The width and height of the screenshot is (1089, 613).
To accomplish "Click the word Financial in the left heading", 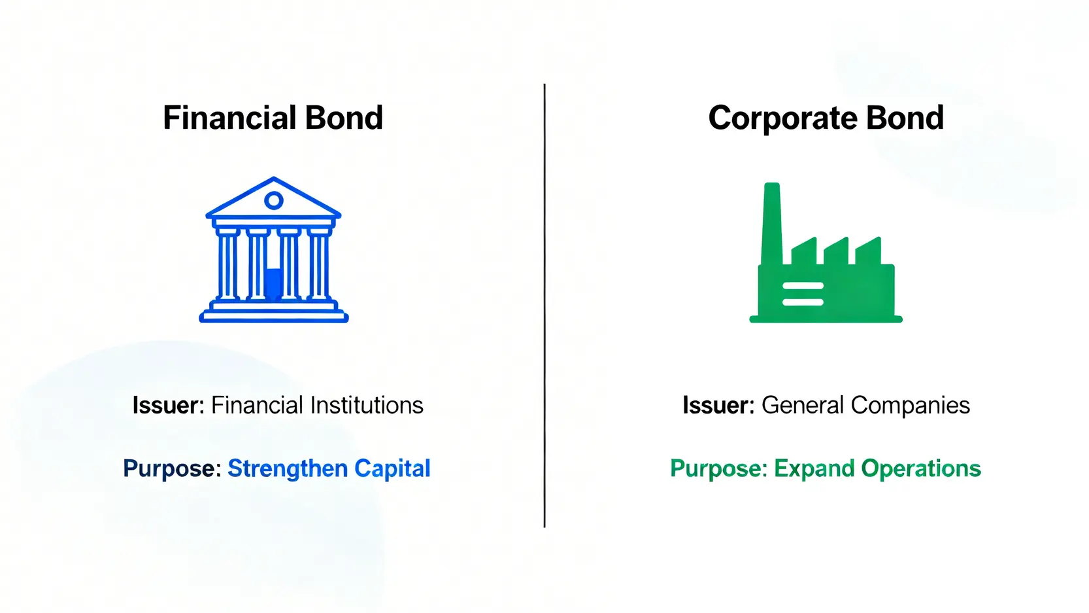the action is [x=229, y=118].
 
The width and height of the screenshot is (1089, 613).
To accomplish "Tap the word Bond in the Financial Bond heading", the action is [x=344, y=118].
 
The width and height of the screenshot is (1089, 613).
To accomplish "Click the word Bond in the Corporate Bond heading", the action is [x=904, y=118].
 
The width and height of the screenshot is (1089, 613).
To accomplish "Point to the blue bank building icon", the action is [x=274, y=249].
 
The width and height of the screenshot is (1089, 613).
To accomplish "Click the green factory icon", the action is [x=826, y=253].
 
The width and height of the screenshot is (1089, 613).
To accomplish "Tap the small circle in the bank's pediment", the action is [x=274, y=200].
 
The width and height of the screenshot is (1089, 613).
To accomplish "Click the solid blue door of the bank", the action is [x=274, y=284].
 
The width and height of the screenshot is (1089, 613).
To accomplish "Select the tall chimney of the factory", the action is [x=772, y=224].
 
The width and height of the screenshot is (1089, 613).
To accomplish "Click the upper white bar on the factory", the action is [x=803, y=286].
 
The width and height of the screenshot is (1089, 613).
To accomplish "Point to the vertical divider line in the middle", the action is [x=544, y=306].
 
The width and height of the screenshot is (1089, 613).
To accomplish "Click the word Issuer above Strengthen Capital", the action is [x=168, y=405].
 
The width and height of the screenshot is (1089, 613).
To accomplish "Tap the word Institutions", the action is [x=367, y=405].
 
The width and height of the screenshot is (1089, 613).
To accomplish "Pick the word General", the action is [x=802, y=405].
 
